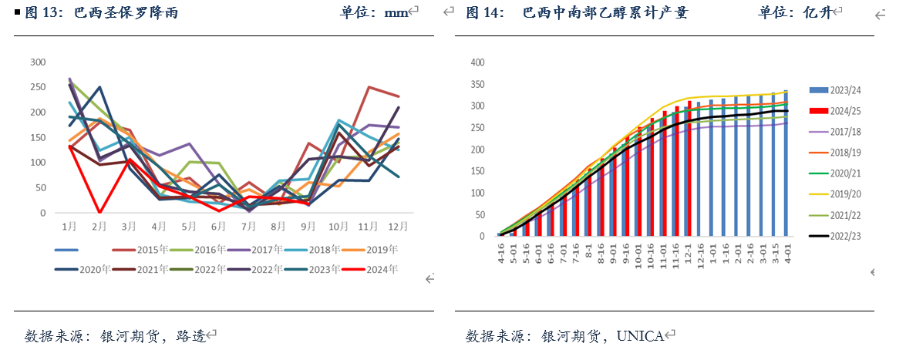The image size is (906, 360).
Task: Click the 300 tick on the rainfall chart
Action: (36, 62)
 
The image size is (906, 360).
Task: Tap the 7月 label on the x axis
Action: (248, 226)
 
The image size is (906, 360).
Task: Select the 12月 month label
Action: (398, 226)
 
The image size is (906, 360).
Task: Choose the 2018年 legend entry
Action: (324, 250)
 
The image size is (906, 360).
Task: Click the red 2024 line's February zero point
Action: (99, 212)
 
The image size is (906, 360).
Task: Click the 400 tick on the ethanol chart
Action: (477, 62)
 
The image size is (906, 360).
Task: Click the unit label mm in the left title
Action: (396, 12)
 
